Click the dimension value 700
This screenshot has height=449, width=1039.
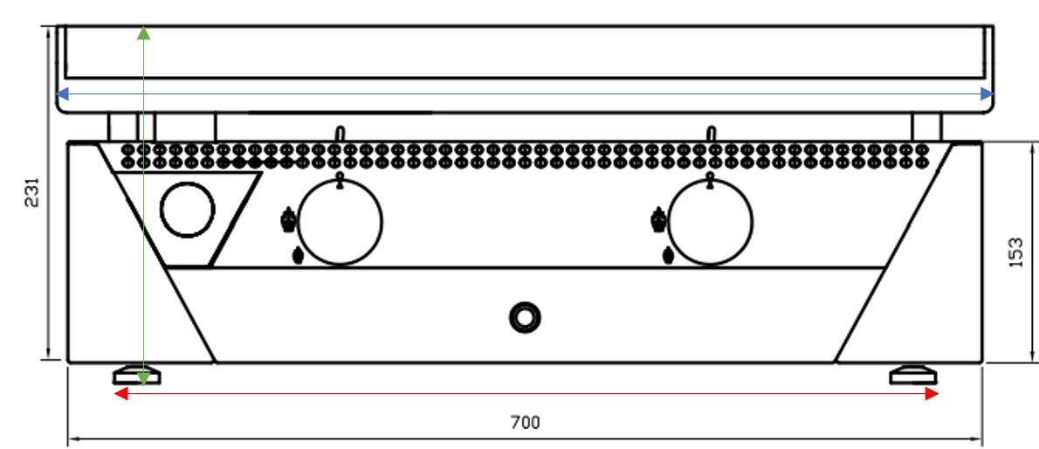point(525,423)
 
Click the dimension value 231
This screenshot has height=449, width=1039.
point(32,192)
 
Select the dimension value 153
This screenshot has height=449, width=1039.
point(1015,252)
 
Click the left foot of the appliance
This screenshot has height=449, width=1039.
point(136,376)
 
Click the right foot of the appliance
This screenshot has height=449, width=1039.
point(913,376)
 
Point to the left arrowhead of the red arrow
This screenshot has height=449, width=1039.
point(121,394)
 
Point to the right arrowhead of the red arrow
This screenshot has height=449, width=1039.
point(932,394)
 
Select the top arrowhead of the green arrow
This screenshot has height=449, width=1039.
point(143,33)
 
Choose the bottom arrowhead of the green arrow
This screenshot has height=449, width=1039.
point(143,379)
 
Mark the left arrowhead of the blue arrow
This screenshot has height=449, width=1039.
point(62,93)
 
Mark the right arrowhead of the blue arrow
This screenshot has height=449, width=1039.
point(987,93)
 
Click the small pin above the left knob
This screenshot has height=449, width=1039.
point(340,134)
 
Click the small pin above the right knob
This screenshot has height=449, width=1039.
point(711,134)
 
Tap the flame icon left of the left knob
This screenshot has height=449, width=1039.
point(288,220)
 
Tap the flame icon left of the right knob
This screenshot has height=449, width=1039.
point(658,220)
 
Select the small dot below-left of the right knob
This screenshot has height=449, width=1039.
point(669,255)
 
